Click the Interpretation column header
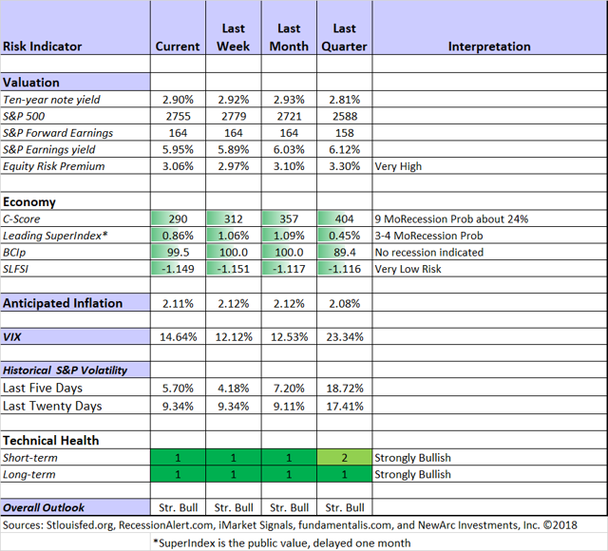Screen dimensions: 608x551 click(x=489, y=47)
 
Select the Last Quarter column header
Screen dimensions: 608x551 click(x=344, y=37)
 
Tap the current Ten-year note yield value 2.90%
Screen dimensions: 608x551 click(x=178, y=100)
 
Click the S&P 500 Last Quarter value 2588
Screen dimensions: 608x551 click(x=344, y=116)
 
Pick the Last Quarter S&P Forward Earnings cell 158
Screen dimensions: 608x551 click(x=344, y=133)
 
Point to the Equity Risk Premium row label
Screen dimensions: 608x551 click(x=54, y=166)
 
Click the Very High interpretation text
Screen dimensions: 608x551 click(x=398, y=166)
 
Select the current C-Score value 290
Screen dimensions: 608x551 click(x=178, y=219)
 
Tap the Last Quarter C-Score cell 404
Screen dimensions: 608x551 click(x=344, y=219)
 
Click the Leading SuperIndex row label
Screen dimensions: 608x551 click(x=55, y=236)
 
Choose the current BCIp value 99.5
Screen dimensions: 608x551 click(x=178, y=253)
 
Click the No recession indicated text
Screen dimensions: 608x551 click(x=429, y=253)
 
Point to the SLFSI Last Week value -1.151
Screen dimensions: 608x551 click(x=234, y=269)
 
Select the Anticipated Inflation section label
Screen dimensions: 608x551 click(x=63, y=303)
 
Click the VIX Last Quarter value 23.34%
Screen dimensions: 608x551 click(x=344, y=337)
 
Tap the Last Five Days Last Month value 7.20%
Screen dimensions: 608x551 click(x=289, y=389)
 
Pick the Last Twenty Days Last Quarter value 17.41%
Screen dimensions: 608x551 click(x=344, y=407)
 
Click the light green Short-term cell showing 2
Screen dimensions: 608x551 click(x=344, y=458)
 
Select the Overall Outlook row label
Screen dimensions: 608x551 click(x=44, y=507)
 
